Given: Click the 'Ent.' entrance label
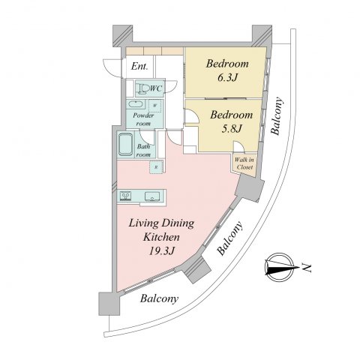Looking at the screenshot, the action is pyautogui.click(x=139, y=66).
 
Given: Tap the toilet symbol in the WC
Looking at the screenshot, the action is pyautogui.click(x=143, y=88).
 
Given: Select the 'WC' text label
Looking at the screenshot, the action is pyautogui.click(x=156, y=88).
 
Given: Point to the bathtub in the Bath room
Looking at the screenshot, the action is pyautogui.click(x=125, y=145).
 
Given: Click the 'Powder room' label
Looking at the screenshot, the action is pyautogui.click(x=143, y=119).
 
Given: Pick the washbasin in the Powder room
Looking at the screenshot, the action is pyautogui.click(x=135, y=104).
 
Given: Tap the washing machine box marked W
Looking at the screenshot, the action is pyautogui.click(x=155, y=106).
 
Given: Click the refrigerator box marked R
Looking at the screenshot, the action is pyautogui.click(x=156, y=167).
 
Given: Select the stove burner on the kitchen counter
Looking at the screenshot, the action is pyautogui.click(x=125, y=195).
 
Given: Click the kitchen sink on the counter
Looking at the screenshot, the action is pyautogui.click(x=152, y=196).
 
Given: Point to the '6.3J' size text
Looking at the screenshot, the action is pyautogui.click(x=227, y=78).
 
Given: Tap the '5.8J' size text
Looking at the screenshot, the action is pyautogui.click(x=232, y=129).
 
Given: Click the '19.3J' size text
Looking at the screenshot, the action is pyautogui.click(x=161, y=250).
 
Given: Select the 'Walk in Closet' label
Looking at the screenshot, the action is pyautogui.click(x=244, y=163).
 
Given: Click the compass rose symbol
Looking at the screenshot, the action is pyautogui.click(x=279, y=267).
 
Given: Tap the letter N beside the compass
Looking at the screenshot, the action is pyautogui.click(x=307, y=268).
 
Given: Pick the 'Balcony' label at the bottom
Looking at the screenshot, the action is pyautogui.click(x=159, y=298).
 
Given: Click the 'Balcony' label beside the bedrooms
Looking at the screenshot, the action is pyautogui.click(x=277, y=116).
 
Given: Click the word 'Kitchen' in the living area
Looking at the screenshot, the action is pyautogui.click(x=161, y=237).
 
